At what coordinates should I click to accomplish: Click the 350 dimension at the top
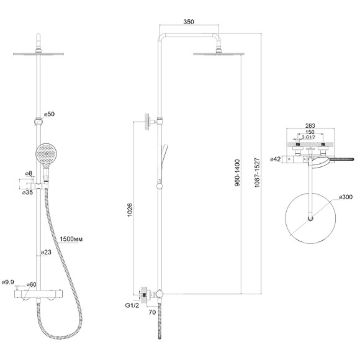(189, 22)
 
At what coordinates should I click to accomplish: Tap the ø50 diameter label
(49, 114)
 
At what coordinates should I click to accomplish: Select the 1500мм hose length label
(71, 239)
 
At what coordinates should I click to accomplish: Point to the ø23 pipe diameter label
(46, 252)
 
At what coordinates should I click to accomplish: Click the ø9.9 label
(8, 282)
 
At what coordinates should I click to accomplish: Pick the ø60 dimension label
(31, 284)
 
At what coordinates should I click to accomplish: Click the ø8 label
(29, 173)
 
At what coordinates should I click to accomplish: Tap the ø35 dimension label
(27, 192)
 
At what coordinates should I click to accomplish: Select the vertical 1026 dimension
(130, 210)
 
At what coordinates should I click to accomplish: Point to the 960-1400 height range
(237, 173)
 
